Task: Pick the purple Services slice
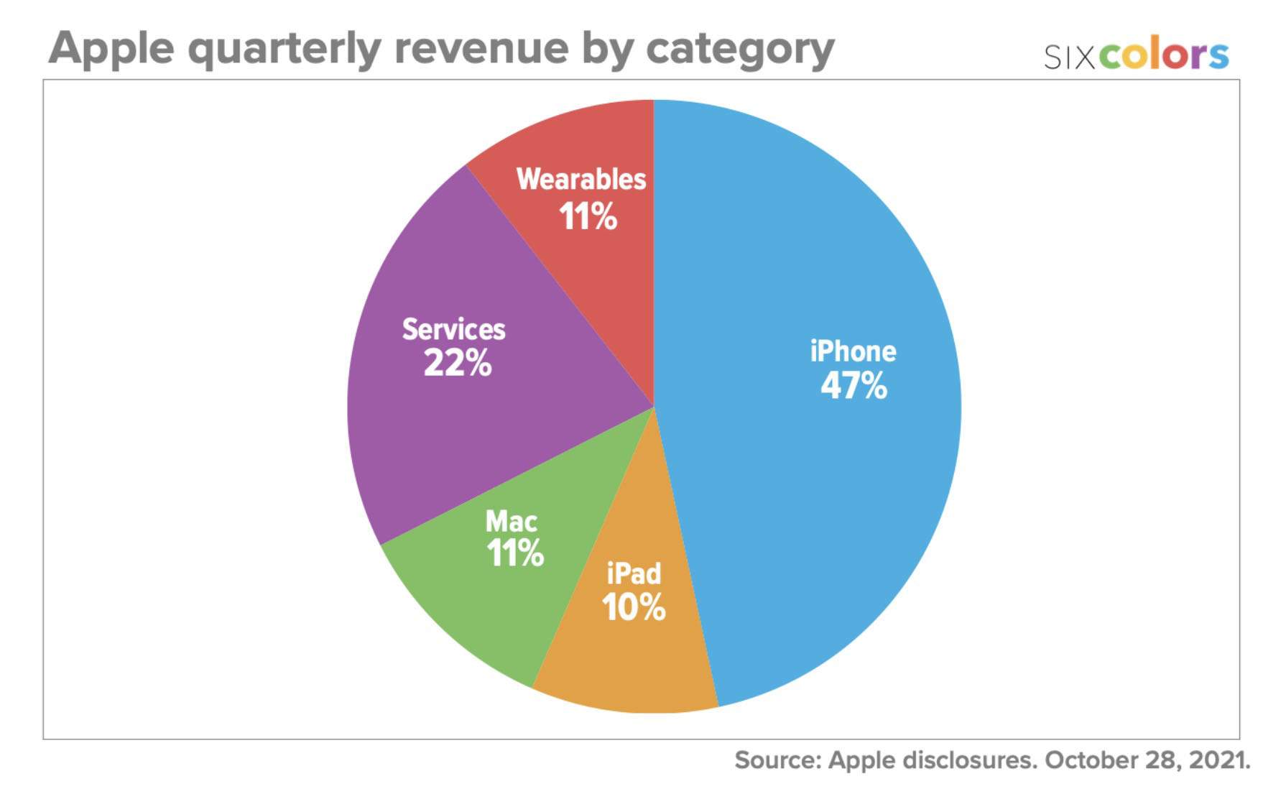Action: (431, 431)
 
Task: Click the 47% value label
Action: (854, 386)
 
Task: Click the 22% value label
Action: (457, 363)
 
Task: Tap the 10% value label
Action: (633, 607)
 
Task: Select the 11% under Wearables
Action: (588, 216)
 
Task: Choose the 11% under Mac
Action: (514, 553)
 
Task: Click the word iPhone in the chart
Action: (853, 351)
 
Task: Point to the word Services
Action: (453, 329)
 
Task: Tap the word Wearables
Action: (580, 179)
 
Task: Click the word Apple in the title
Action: (111, 49)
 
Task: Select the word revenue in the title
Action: (481, 49)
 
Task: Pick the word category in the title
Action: (740, 49)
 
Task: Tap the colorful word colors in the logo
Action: (1164, 55)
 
